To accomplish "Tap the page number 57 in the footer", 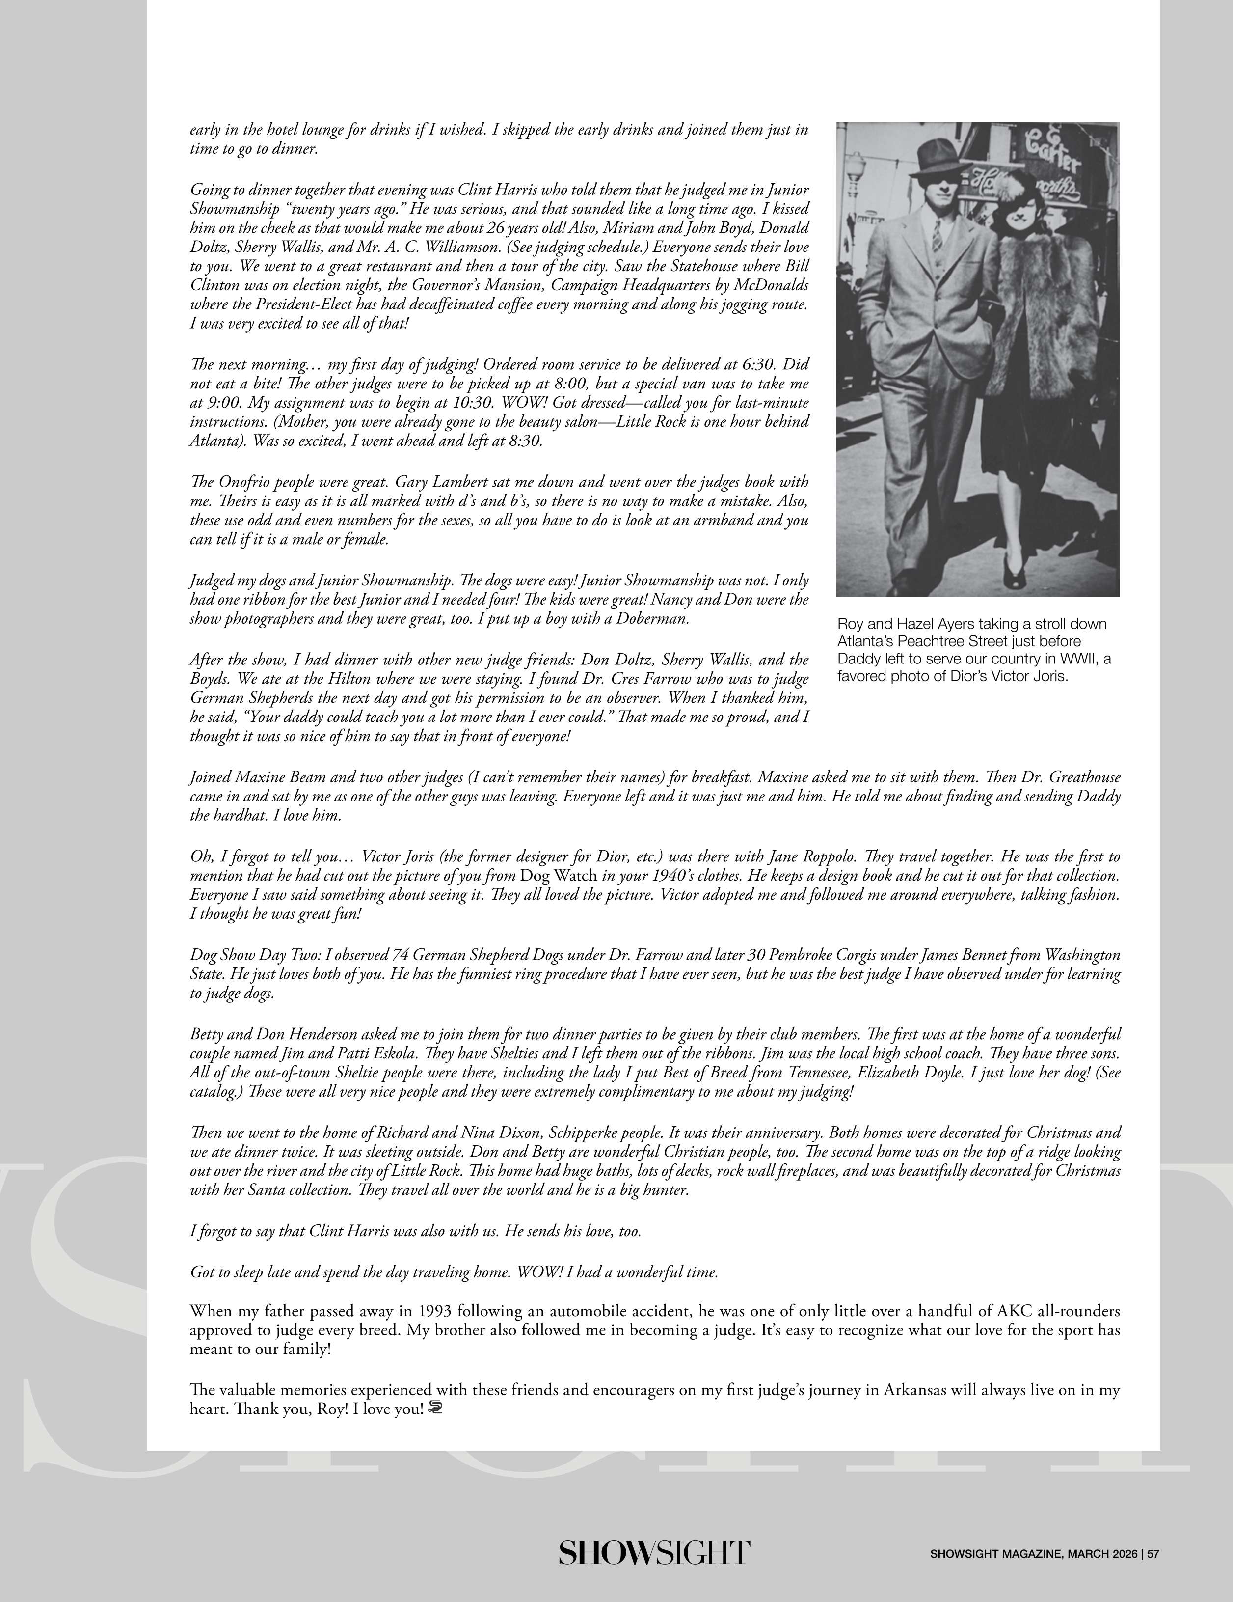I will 1153,1553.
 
